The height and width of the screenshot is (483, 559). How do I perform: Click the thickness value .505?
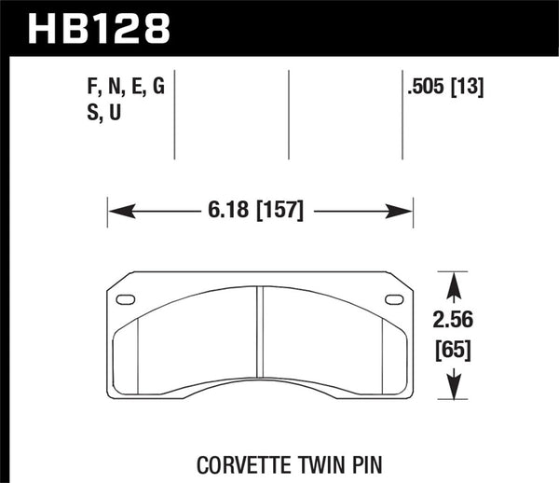[428, 90]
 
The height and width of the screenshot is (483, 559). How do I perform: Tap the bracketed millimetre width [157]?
[272, 212]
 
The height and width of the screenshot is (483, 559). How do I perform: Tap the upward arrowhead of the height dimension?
[453, 280]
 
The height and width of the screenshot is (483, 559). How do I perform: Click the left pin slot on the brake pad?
[126, 299]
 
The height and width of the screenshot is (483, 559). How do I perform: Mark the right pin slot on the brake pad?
[395, 299]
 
